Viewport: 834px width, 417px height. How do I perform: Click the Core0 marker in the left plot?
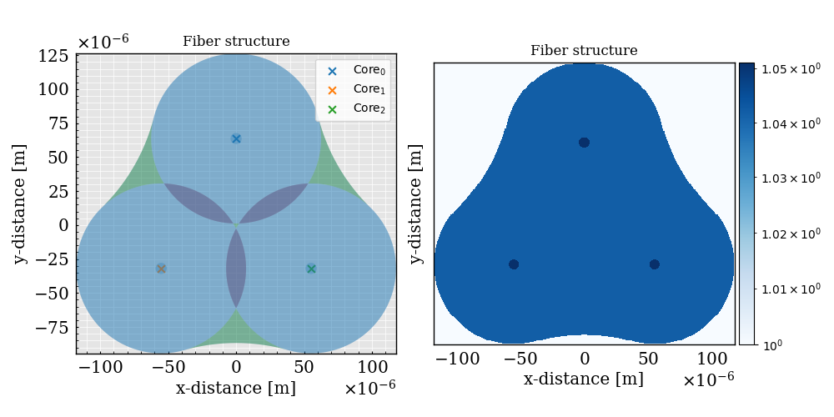point(236,138)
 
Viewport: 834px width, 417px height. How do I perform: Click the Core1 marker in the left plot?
point(161,269)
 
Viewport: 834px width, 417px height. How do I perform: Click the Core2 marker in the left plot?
point(311,269)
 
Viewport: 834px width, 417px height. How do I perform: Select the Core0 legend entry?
point(353,71)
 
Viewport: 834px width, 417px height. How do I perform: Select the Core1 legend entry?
point(353,89)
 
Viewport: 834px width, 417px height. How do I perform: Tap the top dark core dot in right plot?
point(584,143)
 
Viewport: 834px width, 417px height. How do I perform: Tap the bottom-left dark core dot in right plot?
point(514,264)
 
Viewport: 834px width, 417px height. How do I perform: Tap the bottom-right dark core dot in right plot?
point(655,264)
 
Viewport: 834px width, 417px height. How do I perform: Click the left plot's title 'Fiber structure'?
point(236,41)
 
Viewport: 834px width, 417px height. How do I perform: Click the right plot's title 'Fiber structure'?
point(584,51)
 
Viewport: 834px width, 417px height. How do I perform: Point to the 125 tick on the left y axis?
point(55,56)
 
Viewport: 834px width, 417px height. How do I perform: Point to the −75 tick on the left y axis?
point(52,326)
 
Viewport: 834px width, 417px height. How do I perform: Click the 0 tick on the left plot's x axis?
point(236,367)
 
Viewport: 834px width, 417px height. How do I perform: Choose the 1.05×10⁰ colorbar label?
point(786,68)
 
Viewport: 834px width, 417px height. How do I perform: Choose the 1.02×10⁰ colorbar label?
point(786,234)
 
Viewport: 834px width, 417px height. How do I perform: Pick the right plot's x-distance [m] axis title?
point(583,379)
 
